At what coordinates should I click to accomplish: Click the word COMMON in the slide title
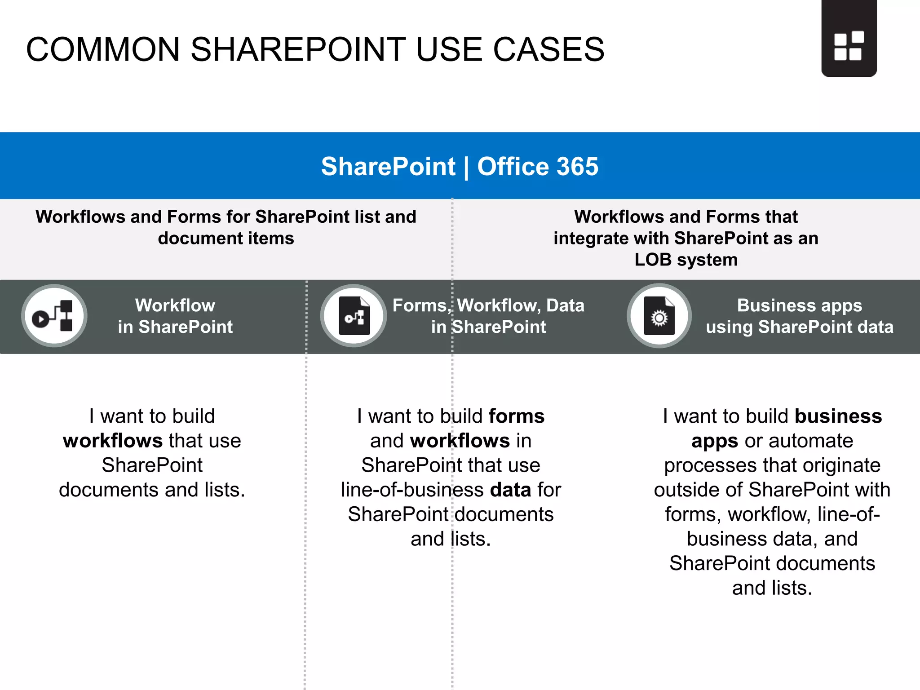tap(103, 49)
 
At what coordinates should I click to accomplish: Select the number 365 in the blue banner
tap(577, 167)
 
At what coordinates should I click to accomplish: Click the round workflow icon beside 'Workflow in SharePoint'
tap(54, 316)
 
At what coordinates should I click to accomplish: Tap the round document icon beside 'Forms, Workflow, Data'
tap(354, 316)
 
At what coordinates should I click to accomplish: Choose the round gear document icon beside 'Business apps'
tap(659, 316)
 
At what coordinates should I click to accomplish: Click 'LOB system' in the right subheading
tap(686, 260)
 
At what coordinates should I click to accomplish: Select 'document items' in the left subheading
tap(226, 238)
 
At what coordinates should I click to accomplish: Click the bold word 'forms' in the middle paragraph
tap(517, 416)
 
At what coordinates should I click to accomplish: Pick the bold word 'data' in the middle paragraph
tap(511, 490)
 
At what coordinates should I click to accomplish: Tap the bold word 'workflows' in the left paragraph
tap(113, 441)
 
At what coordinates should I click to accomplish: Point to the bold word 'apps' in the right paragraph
tap(714, 441)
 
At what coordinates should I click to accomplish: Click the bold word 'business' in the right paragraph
tap(838, 416)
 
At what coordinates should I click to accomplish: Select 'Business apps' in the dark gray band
tap(800, 305)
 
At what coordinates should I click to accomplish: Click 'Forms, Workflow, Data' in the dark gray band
tap(488, 305)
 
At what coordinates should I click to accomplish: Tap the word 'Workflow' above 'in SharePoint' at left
tap(175, 305)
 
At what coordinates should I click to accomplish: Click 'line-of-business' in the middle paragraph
tap(412, 490)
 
